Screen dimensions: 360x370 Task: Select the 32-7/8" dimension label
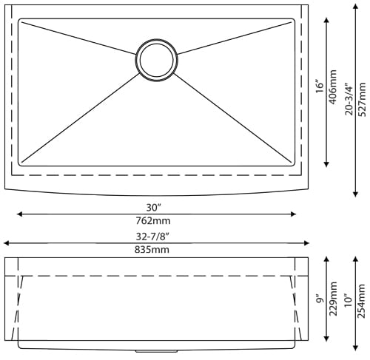[x=153, y=236]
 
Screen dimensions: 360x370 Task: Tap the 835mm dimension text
[x=153, y=250]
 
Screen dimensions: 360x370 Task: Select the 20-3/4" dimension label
[x=349, y=97]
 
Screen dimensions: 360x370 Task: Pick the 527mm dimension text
[x=363, y=97]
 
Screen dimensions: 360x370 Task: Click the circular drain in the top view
[x=156, y=59]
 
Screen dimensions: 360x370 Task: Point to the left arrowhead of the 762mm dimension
[x=18, y=214]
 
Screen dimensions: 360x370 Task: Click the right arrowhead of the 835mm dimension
[x=305, y=242]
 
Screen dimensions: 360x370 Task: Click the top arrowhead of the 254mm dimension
[x=356, y=259]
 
